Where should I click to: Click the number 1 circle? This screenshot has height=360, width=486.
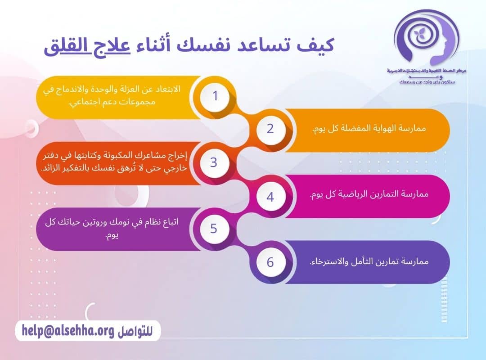coord(215,96)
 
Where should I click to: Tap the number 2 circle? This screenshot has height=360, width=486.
coord(270,129)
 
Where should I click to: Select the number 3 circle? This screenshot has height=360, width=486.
coord(214,162)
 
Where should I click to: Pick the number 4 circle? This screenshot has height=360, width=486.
coord(270,197)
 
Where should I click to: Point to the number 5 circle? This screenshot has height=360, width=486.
coord(214,229)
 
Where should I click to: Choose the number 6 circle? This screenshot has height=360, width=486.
coord(270,262)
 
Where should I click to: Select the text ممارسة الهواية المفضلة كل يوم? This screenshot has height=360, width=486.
coord(369,129)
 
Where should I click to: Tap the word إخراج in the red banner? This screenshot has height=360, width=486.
coord(177,156)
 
